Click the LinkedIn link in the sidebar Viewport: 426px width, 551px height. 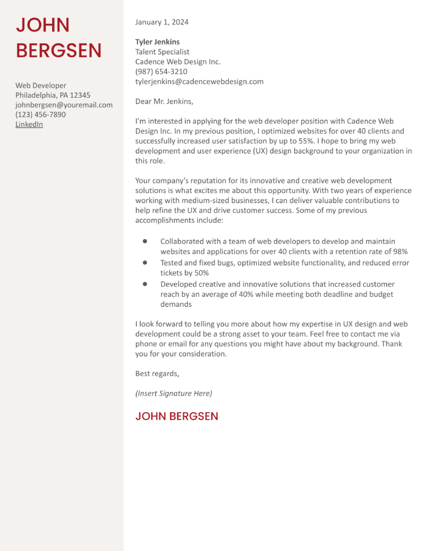[29, 124]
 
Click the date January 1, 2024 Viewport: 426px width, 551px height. [162, 22]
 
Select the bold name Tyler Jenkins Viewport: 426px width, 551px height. [157, 42]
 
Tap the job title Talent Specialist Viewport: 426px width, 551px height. [162, 52]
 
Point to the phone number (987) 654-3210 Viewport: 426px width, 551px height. [161, 72]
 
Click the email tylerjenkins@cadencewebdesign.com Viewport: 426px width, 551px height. [199, 81]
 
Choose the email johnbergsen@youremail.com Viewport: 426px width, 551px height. [64, 105]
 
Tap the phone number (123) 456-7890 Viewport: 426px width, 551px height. [40, 115]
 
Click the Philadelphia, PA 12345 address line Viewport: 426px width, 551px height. [53, 95]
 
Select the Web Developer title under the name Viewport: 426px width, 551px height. [41, 85]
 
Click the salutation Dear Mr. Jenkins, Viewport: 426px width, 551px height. [164, 101]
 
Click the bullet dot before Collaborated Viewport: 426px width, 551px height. [145, 241]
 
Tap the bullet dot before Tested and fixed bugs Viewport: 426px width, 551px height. [145, 263]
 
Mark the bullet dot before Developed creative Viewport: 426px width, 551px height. [145, 284]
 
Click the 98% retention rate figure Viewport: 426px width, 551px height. [400, 251]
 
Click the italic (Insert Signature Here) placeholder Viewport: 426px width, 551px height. [174, 393]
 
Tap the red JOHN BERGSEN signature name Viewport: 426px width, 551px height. [177, 416]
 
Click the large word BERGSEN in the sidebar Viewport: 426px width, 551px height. [58, 50]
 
